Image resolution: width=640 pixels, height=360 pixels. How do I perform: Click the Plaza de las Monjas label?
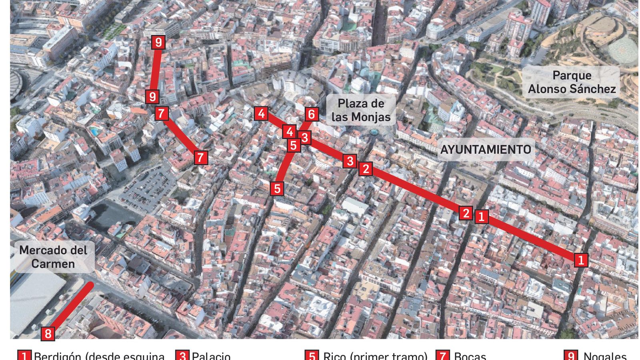pyautogui.click(x=361, y=110)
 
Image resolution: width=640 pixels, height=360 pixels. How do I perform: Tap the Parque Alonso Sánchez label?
pyautogui.click(x=572, y=82)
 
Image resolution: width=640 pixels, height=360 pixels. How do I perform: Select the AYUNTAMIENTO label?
pyautogui.click(x=486, y=150)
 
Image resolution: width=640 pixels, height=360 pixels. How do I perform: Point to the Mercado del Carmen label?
pyautogui.click(x=53, y=257)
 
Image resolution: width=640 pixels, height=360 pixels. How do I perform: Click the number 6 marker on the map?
pyautogui.click(x=312, y=114)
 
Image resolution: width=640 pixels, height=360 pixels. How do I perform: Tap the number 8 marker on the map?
pyautogui.click(x=48, y=333)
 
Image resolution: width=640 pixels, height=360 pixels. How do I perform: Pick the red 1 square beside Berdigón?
pyautogui.click(x=24, y=356)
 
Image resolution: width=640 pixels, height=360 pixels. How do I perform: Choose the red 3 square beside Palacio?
pyautogui.click(x=182, y=356)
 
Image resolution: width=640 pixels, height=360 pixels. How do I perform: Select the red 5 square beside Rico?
pyautogui.click(x=312, y=356)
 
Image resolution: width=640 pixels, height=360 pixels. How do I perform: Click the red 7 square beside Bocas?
pyautogui.click(x=442, y=356)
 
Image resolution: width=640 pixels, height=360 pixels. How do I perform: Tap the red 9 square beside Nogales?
pyautogui.click(x=571, y=356)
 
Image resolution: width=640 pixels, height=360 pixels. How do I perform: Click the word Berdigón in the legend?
pyautogui.click(x=60, y=356)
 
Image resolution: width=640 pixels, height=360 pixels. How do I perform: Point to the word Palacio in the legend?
pyautogui.click(x=211, y=356)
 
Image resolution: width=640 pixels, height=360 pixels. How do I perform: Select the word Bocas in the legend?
pyautogui.click(x=470, y=356)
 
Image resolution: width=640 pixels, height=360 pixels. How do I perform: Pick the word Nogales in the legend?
pyautogui.click(x=605, y=356)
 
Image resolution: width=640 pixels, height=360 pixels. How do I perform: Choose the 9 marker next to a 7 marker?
pyautogui.click(x=152, y=97)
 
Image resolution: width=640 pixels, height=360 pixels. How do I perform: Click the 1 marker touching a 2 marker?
pyautogui.click(x=481, y=216)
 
